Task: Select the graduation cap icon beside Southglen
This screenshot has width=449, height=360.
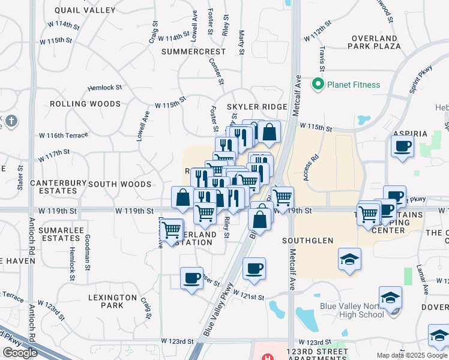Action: [x=349, y=259]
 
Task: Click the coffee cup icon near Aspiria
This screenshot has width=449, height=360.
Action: [x=402, y=146]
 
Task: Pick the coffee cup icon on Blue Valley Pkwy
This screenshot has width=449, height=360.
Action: [x=254, y=268]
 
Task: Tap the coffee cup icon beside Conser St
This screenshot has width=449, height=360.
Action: [x=192, y=278]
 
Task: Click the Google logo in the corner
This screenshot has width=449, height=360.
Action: [x=20, y=353]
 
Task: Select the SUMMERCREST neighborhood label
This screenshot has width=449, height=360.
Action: [x=193, y=52]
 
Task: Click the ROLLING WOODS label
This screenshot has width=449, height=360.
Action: [x=85, y=104]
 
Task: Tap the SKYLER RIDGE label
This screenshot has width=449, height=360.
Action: [x=257, y=107]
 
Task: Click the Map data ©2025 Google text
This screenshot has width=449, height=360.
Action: [x=412, y=355]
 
